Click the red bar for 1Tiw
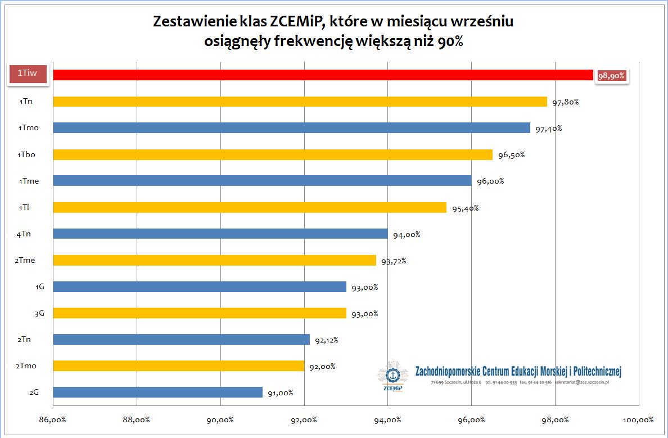pyautogui.click(x=323, y=75)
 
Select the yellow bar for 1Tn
pyautogui.click(x=300, y=102)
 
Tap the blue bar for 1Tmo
pyautogui.click(x=291, y=128)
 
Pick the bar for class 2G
pyautogui.click(x=157, y=392)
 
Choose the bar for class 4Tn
pyautogui.click(x=220, y=234)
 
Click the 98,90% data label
pyautogui.click(x=611, y=76)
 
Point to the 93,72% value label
pyautogui.click(x=394, y=261)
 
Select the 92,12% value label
pyautogui.click(x=327, y=340)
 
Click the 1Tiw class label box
pyautogui.click(x=27, y=74)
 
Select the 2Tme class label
pyautogui.click(x=26, y=261)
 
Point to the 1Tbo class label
pyautogui.click(x=27, y=154)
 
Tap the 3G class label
pyautogui.click(x=39, y=313)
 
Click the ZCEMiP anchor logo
pyautogui.click(x=391, y=375)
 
